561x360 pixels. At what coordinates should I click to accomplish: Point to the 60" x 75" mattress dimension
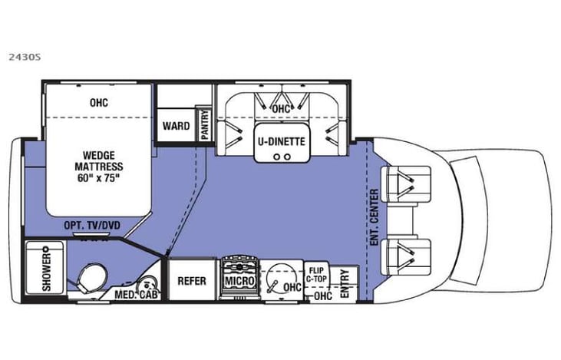tap(95, 177)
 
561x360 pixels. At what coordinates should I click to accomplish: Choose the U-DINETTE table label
tap(282, 141)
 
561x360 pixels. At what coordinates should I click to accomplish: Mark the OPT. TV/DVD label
tap(95, 224)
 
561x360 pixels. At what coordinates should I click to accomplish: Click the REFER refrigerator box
tap(192, 281)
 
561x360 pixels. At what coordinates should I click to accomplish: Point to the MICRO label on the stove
tap(239, 282)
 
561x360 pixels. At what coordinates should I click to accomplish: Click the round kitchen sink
tap(279, 278)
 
